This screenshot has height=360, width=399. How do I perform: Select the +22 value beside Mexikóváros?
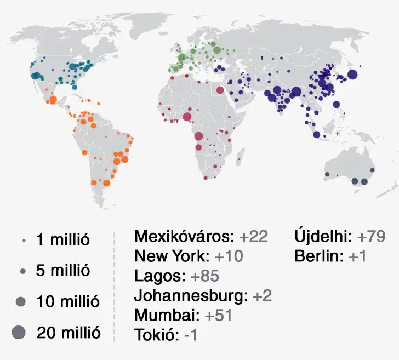click(x=254, y=237)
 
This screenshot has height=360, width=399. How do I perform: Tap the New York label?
click(x=172, y=256)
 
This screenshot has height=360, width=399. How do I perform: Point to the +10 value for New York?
click(x=229, y=256)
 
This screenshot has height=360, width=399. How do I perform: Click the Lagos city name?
click(x=158, y=276)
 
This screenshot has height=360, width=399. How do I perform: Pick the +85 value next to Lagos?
click(x=204, y=276)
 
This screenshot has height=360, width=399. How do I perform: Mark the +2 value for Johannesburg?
click(x=263, y=296)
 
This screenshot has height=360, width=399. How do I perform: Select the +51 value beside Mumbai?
click(x=218, y=315)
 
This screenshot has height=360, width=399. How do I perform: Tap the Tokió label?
click(x=155, y=335)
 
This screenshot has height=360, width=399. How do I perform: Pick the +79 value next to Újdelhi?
click(x=371, y=237)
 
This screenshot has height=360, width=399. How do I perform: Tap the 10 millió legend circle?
click(x=21, y=301)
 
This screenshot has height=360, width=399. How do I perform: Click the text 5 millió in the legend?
click(x=63, y=271)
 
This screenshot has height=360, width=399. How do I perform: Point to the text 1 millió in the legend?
click(x=63, y=240)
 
